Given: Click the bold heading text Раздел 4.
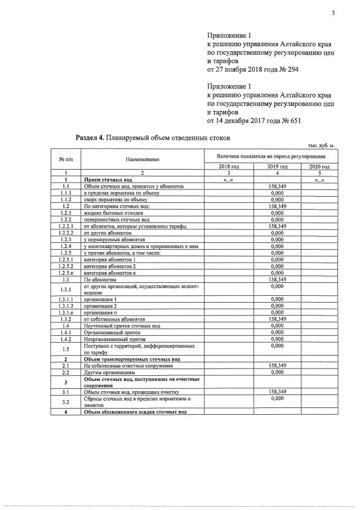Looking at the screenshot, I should pos(91,138).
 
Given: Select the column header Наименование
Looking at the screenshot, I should pos(143,159).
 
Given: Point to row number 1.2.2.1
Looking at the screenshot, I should pos(66,226).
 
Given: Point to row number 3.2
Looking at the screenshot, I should pos(66,401).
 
